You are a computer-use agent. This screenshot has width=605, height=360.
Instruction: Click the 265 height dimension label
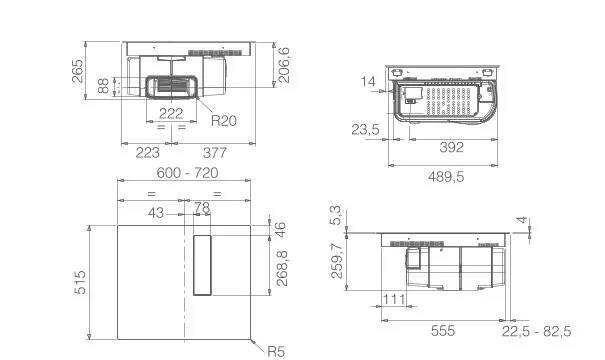(78, 71)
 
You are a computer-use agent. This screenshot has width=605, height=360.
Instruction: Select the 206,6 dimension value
(284, 65)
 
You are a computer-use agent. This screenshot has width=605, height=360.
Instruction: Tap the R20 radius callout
(224, 121)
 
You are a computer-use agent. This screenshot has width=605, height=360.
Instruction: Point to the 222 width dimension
(171, 113)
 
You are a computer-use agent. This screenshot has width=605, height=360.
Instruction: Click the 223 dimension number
(147, 153)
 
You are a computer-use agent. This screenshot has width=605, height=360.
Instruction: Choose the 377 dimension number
(215, 153)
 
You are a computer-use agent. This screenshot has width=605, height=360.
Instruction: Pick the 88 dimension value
(103, 86)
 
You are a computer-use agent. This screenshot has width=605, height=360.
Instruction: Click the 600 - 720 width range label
(188, 172)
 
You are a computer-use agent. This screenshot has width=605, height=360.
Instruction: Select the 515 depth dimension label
(80, 282)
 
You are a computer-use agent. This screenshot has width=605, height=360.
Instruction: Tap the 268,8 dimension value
(282, 268)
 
